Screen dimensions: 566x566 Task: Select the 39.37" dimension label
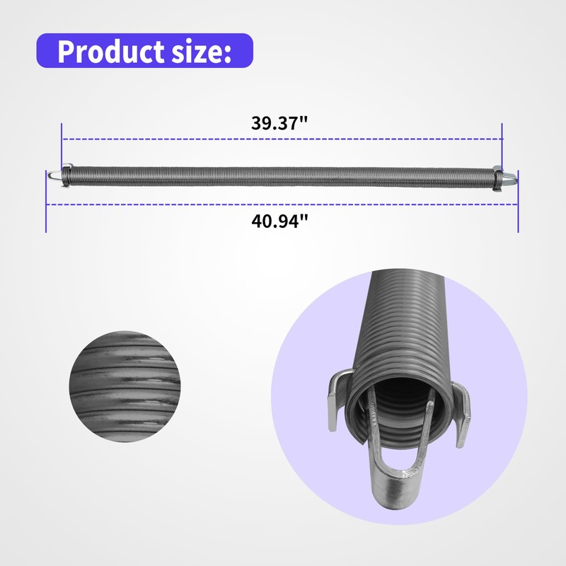279,122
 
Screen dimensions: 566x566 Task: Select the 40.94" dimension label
280,221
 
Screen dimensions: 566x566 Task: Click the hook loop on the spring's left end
53,175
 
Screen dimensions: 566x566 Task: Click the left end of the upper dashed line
64,139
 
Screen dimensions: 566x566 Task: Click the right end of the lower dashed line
516,205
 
